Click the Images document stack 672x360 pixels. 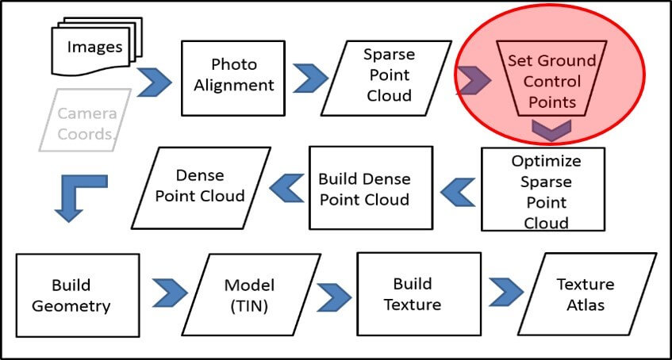[93, 48]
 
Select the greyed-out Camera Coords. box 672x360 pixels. [86, 122]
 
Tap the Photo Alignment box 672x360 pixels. [232, 75]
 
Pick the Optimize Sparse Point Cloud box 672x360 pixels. [545, 191]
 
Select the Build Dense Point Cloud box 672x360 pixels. [371, 188]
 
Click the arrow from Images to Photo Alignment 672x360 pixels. [156, 82]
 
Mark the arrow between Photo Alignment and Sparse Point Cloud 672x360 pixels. [311, 78]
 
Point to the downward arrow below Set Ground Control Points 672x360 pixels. [550, 129]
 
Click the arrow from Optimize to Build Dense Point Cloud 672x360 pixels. [459, 191]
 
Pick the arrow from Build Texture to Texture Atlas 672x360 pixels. [505, 293]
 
